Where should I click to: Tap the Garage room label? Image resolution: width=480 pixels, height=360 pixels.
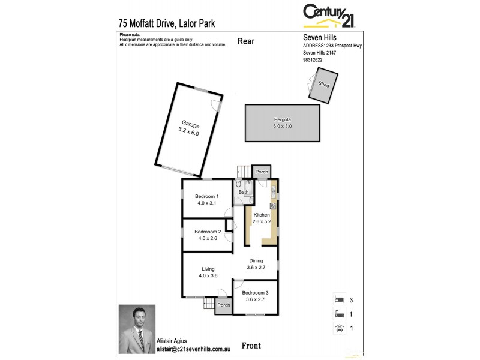(188, 128)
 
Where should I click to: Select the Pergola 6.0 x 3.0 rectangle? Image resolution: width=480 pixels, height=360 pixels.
(282, 123)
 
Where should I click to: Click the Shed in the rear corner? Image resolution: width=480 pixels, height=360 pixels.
(323, 85)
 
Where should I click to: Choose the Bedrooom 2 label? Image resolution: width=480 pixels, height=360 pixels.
(207, 235)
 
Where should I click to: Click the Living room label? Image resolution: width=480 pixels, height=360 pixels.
(208, 272)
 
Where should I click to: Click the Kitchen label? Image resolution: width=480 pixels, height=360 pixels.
(262, 218)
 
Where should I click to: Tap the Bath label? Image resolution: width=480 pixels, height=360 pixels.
(243, 192)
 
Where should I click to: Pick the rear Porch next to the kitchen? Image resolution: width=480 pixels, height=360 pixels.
(262, 172)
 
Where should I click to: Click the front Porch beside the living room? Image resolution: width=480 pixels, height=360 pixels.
(223, 305)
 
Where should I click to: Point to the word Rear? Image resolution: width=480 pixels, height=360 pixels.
(246, 41)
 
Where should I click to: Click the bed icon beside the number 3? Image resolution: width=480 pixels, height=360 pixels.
(339, 299)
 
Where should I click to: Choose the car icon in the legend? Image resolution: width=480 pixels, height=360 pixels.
(339, 328)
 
